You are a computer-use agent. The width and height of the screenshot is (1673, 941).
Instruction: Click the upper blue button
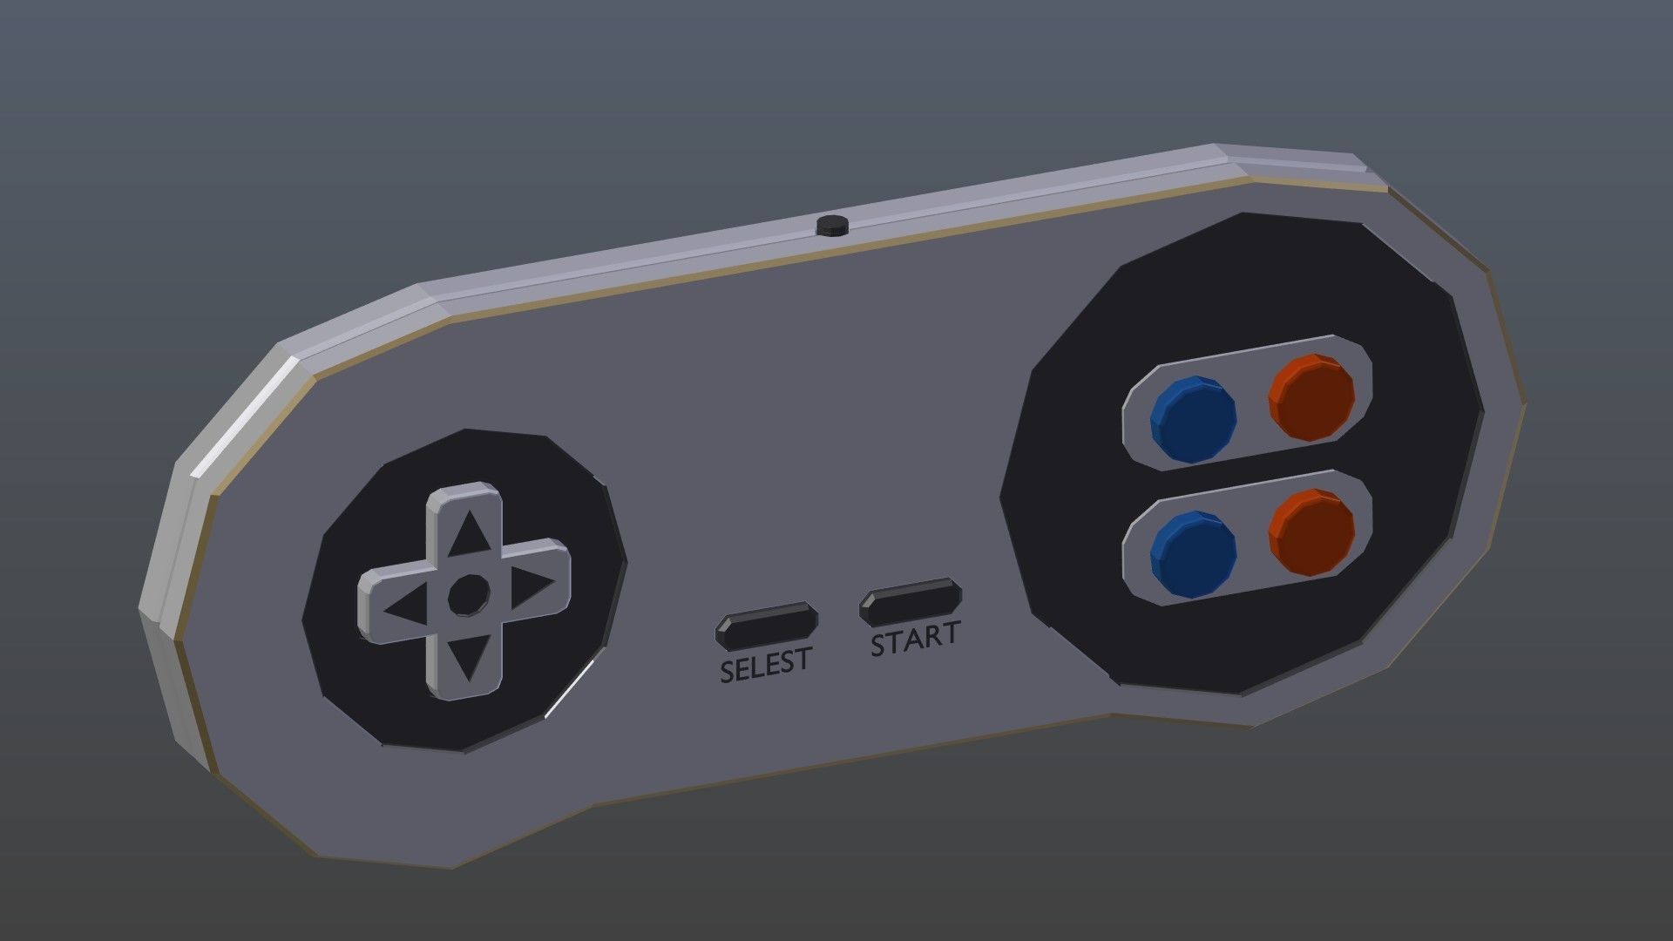click(x=1193, y=418)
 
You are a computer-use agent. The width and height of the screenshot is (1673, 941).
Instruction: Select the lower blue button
click(x=1193, y=553)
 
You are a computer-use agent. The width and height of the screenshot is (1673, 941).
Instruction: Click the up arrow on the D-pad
click(x=470, y=534)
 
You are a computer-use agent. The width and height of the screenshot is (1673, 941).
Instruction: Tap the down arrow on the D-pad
click(x=469, y=660)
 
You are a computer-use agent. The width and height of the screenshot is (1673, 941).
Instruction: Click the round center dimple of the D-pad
click(x=468, y=594)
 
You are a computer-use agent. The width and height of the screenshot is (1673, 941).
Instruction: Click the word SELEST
click(x=766, y=665)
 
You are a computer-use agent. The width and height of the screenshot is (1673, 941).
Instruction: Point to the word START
click(x=916, y=640)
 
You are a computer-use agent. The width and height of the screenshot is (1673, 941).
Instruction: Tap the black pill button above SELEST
click(x=766, y=625)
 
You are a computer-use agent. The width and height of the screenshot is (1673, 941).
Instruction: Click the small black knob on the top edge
click(x=832, y=225)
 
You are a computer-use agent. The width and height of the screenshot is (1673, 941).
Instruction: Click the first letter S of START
click(x=879, y=646)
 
